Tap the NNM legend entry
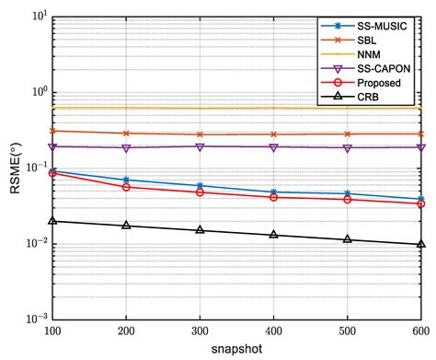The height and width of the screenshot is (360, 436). tap(367, 54)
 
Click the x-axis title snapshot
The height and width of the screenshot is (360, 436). tap(236, 350)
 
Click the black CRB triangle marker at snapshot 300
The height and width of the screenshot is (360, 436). tap(200, 229)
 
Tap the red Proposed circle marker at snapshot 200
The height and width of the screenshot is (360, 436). tap(126, 187)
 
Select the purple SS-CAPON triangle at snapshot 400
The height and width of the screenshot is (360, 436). tap(273, 147)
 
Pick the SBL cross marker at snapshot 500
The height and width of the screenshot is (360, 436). tap(347, 134)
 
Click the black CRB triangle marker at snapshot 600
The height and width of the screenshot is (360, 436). tap(420, 244)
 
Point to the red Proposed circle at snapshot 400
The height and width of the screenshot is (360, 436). tap(273, 197)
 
